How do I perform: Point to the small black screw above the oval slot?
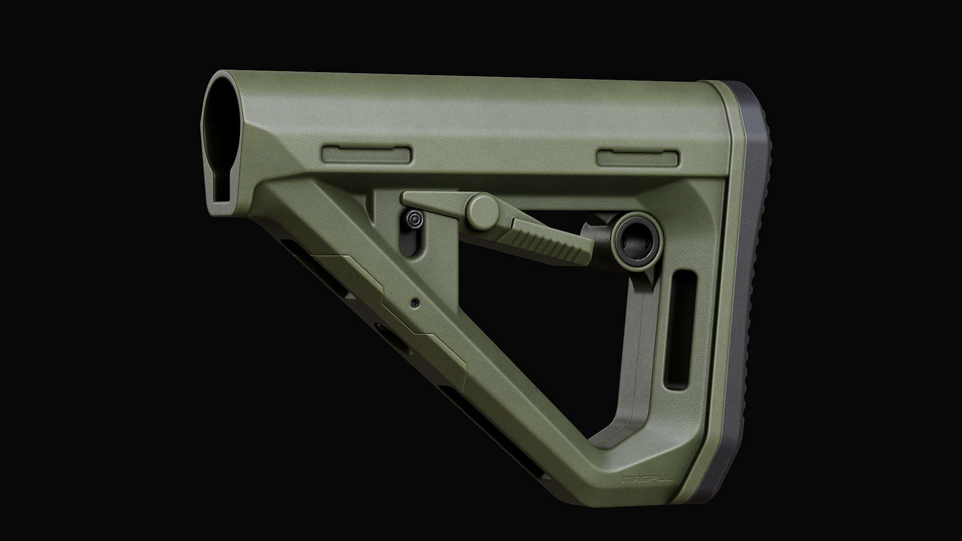pos(414,219)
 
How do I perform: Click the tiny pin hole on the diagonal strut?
pos(415,303)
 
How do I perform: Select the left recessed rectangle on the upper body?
pos(368,155)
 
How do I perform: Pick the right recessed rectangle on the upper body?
pos(639,158)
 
